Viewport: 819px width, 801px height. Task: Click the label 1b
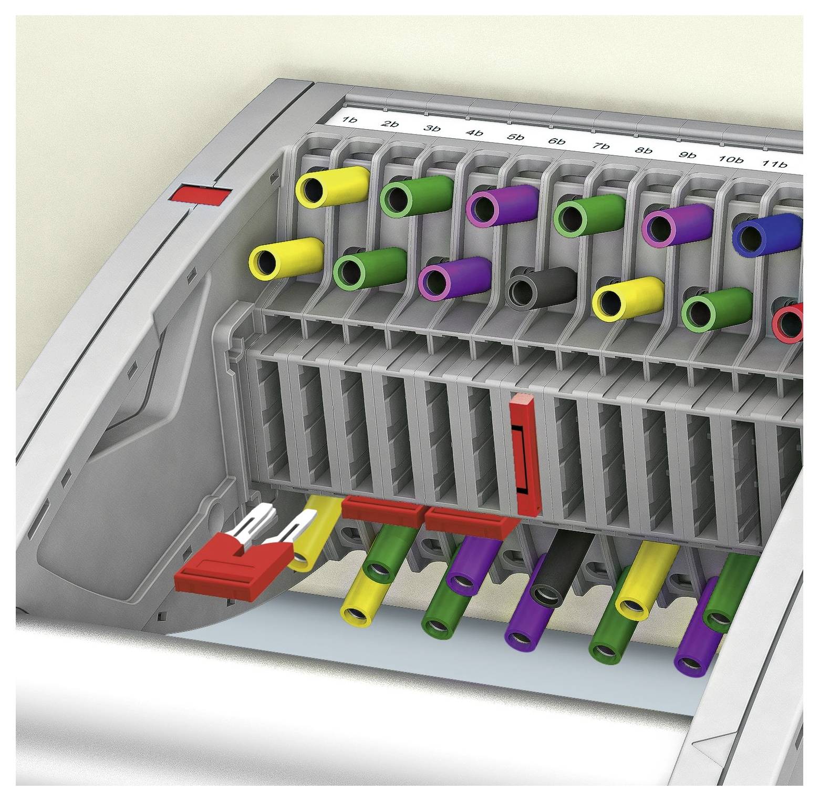click(349, 120)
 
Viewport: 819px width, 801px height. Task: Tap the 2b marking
click(390, 125)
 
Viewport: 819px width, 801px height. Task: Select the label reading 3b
click(432, 129)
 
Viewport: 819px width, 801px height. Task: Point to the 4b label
click(474, 133)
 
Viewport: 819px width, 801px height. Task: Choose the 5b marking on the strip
click(516, 137)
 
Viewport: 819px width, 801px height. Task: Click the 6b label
click(557, 142)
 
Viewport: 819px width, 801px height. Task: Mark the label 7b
click(600, 146)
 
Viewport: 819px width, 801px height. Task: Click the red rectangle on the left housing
click(199, 194)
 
